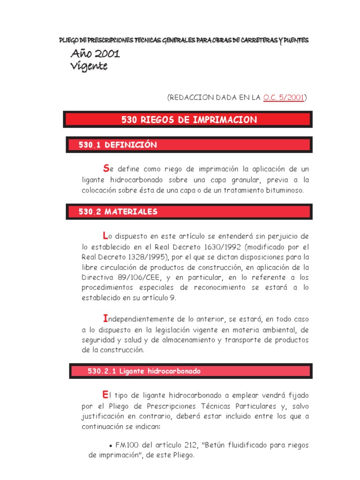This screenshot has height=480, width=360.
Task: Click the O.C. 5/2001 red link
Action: click(284, 97)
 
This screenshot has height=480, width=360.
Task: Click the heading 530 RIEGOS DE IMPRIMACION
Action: click(189, 120)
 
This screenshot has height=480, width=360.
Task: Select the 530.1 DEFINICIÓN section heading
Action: click(118, 145)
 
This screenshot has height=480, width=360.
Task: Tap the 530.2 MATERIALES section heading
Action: click(118, 212)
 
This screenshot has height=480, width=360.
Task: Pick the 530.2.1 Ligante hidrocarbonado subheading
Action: click(144, 371)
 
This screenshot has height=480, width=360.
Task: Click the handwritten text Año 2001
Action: click(95, 54)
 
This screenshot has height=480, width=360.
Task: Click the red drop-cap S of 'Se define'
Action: click(105, 168)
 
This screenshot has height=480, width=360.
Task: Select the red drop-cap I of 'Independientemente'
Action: click(105, 318)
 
